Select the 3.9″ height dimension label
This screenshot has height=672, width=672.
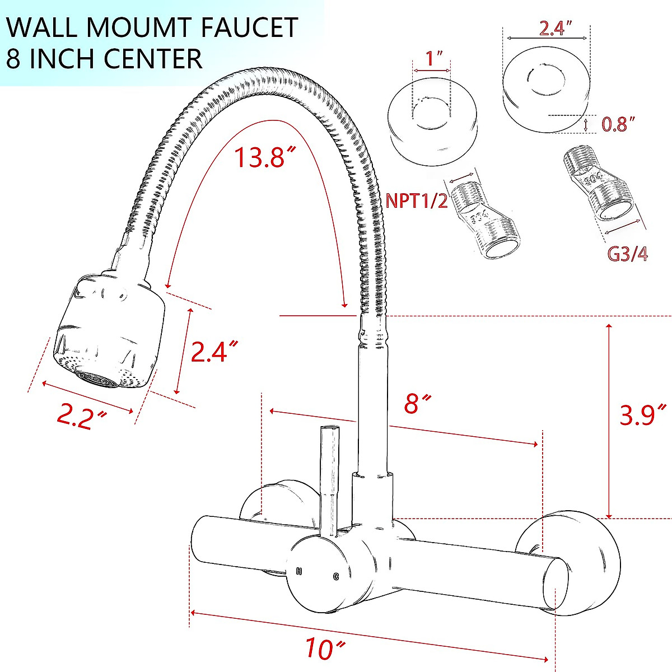tap(644, 415)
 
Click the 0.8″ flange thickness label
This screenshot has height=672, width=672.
tap(618, 124)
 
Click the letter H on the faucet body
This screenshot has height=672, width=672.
tap(300, 571)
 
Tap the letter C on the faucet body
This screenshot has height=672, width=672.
tap(336, 576)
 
